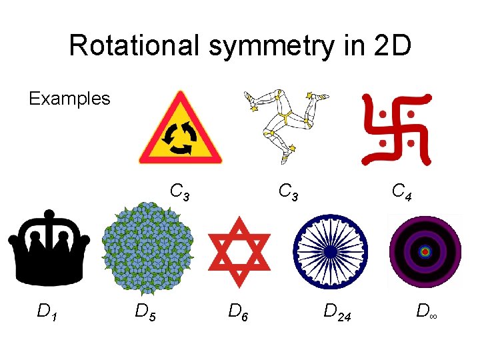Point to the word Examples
click(x=69, y=99)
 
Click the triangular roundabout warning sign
click(x=179, y=131)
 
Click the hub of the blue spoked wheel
click(x=331, y=249)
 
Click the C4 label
click(x=401, y=193)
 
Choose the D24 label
click(x=338, y=311)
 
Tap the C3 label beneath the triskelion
click(x=289, y=193)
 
